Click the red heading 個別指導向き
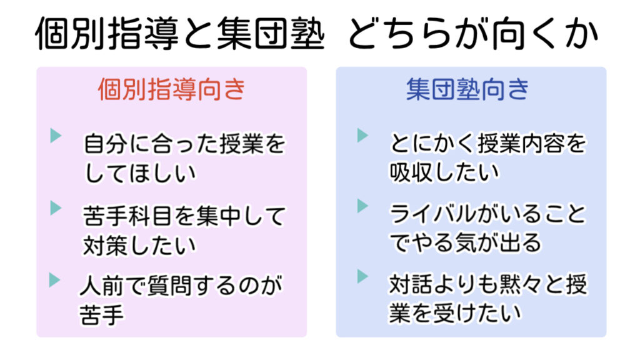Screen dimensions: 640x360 point(172,89)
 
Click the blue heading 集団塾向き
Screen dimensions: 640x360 point(467,89)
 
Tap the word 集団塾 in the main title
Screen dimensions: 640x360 point(271,34)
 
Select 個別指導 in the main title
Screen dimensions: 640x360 point(107,34)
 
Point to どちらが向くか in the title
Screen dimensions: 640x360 point(473,34)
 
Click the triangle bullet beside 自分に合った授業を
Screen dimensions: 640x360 point(56,136)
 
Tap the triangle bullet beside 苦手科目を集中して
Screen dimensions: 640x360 point(56,207)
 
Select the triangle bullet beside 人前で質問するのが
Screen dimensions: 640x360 point(55,280)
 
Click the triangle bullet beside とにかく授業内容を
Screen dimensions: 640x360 point(362,135)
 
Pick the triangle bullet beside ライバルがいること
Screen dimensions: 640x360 point(362,206)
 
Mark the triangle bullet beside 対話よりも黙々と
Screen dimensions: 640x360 point(362,276)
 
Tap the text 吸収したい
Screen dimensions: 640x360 point(444,172)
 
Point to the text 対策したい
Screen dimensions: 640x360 point(139,245)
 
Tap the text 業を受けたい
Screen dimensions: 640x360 point(455,313)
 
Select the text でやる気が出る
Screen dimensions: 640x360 point(465,242)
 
